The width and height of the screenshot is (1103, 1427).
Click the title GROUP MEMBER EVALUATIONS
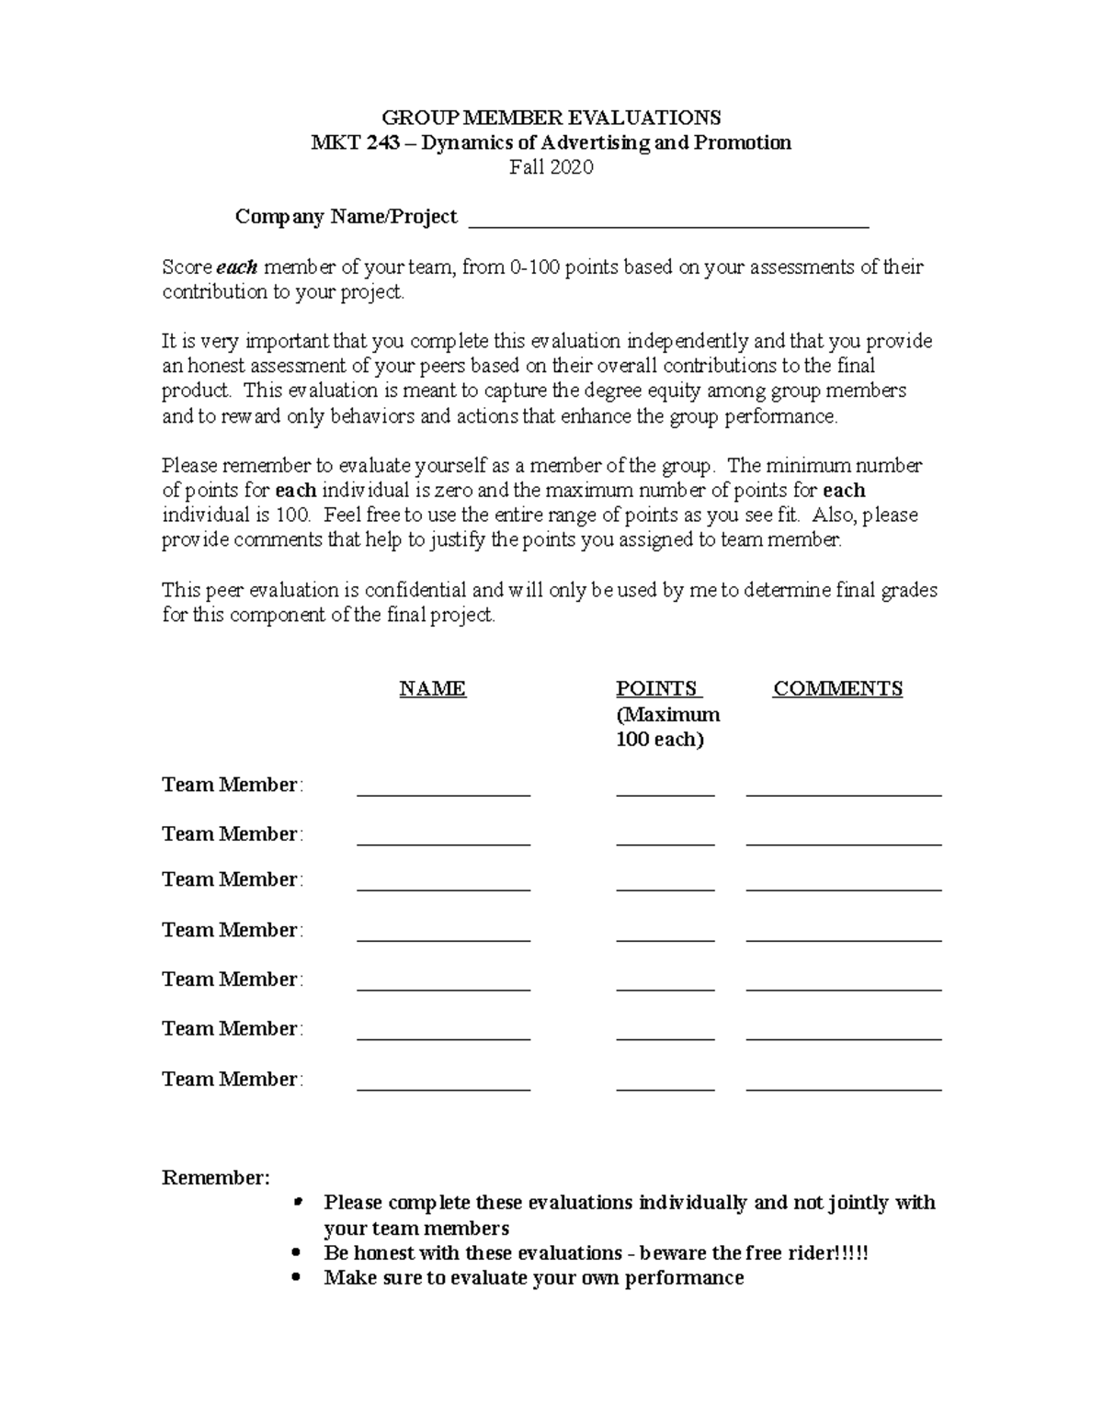click(x=551, y=118)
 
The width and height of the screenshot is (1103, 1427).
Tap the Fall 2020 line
click(x=551, y=167)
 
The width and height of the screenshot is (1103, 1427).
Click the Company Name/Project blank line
click(x=668, y=223)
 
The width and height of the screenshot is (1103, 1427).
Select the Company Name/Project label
click(x=346, y=217)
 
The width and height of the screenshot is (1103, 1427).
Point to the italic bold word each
click(x=236, y=267)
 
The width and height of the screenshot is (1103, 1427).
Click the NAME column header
click(x=432, y=689)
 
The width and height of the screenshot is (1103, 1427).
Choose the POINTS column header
click(x=658, y=689)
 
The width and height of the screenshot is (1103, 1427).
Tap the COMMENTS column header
click(x=837, y=689)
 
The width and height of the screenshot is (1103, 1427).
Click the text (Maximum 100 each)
click(x=667, y=727)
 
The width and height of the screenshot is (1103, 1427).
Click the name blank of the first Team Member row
click(x=443, y=793)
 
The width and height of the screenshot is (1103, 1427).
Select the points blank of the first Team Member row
click(x=665, y=793)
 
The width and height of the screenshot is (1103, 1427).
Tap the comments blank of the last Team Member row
click(x=843, y=1087)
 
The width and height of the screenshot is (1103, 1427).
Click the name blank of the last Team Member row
click(x=443, y=1087)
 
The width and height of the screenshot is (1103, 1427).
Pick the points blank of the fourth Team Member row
click(x=665, y=938)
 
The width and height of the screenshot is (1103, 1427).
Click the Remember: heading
click(x=216, y=1178)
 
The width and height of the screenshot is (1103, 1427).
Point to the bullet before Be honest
click(x=295, y=1253)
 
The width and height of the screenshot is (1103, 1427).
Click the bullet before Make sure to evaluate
click(x=295, y=1278)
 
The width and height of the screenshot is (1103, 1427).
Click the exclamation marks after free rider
click(x=852, y=1253)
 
